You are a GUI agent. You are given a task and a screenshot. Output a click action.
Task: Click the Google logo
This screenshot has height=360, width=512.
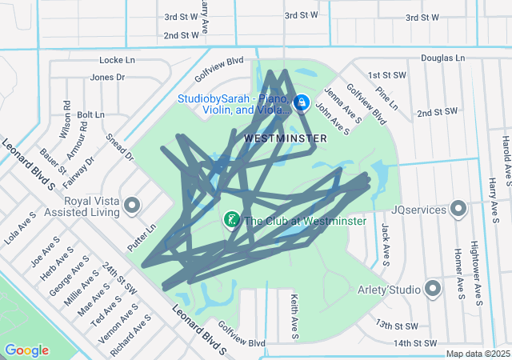[26, 350]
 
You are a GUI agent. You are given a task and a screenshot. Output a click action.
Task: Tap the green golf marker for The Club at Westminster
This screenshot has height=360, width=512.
[231, 219]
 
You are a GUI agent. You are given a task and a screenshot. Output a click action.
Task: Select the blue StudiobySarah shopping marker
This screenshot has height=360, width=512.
[302, 103]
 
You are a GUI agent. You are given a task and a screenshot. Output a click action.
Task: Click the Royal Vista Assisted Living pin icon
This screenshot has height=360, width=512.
[133, 207]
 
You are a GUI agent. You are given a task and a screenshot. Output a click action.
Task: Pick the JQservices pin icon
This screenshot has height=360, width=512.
[458, 209]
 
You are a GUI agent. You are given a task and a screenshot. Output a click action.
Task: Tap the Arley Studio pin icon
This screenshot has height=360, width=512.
[434, 288]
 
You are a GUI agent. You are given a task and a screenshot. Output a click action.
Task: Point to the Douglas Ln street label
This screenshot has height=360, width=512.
[442, 58]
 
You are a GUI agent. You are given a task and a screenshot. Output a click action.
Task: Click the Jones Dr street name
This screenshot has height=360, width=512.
[108, 78]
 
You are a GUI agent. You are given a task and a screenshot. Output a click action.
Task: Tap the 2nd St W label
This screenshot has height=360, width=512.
[181, 35]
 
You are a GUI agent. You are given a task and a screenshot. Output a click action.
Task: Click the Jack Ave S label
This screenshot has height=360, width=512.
[385, 244]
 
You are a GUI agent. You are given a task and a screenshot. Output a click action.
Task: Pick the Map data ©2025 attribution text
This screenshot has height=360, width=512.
[477, 354]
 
